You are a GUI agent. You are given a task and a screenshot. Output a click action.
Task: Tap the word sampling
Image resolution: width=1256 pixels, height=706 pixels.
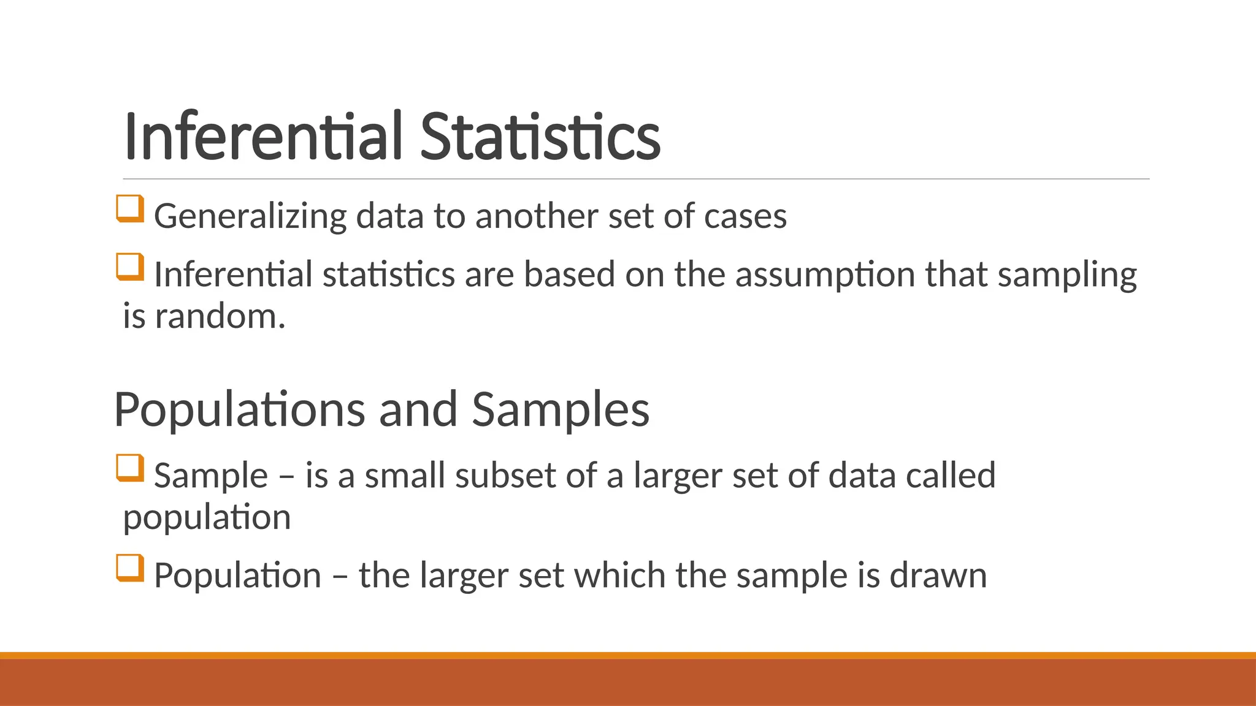pyautogui.click(x=1067, y=275)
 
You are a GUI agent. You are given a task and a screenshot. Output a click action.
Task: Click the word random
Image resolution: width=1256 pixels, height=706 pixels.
pyautogui.click(x=220, y=317)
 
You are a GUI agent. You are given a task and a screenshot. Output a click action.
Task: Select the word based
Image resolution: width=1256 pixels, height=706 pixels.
pyautogui.click(x=569, y=275)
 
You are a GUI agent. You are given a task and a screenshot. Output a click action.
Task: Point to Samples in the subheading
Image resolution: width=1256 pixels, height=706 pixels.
pyautogui.click(x=560, y=409)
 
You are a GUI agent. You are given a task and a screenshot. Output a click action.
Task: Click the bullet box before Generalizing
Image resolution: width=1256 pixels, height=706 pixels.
pyautogui.click(x=130, y=208)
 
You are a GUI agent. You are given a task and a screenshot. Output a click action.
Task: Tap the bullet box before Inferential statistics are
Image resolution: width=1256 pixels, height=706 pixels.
pyautogui.click(x=130, y=267)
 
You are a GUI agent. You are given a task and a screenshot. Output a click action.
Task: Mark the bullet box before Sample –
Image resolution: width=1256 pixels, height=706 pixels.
pyautogui.click(x=130, y=468)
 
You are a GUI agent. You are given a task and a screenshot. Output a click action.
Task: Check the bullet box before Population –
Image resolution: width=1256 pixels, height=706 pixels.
pyautogui.click(x=130, y=567)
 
